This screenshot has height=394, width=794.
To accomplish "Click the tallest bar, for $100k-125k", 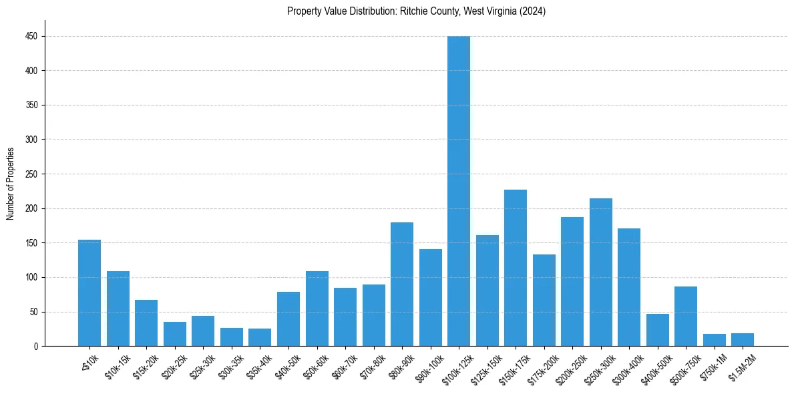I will click(x=459, y=191).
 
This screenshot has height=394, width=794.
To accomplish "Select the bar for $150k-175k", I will click(x=516, y=268).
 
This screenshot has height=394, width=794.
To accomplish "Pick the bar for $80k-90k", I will click(x=402, y=284).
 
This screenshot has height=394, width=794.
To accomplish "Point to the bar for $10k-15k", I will click(x=118, y=309).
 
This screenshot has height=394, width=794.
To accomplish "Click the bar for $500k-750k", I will click(x=686, y=317).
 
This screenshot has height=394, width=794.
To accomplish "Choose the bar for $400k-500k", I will click(x=658, y=330).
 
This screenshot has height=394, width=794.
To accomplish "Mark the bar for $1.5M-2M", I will click(x=743, y=340).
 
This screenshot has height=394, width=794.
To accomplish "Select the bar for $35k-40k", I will click(x=260, y=337).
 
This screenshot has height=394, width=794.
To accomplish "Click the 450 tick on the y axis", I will click(x=31, y=36).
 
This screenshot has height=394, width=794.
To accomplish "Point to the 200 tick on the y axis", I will click(x=31, y=140).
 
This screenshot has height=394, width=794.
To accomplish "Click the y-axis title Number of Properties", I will click(x=10, y=184).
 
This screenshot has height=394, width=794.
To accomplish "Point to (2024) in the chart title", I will click(x=533, y=11).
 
